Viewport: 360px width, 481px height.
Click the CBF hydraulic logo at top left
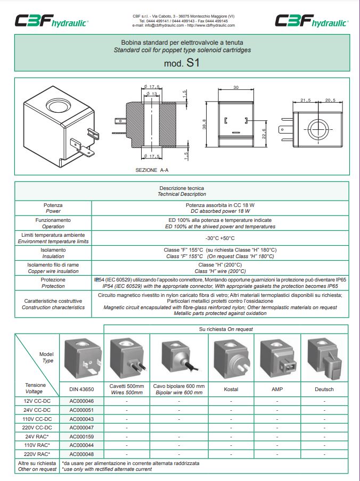coord(51,21)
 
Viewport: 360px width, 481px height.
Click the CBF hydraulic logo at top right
coord(311,21)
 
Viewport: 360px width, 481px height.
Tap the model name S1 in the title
coord(193,64)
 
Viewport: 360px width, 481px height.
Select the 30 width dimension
coord(235,87)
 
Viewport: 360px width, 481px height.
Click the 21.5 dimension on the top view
coord(305,100)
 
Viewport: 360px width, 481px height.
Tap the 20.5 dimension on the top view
coord(331,100)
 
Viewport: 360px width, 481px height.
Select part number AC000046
coord(81,401)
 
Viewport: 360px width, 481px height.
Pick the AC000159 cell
coord(81,436)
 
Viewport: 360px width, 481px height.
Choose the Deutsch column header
coord(324,389)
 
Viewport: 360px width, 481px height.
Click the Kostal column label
coord(231,389)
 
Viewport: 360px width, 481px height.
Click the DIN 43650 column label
coord(81,389)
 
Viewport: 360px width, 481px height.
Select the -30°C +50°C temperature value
coord(220,238)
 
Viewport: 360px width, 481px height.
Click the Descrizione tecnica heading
coord(182,188)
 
